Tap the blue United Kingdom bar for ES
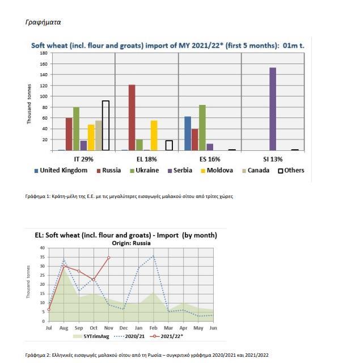click(x=188, y=133)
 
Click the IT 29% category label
click(x=83, y=159)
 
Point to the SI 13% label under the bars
click(x=273, y=159)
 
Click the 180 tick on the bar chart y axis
click(x=44, y=53)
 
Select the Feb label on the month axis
click(x=153, y=328)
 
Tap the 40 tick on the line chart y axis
click(x=41, y=248)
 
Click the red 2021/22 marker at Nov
click(x=108, y=258)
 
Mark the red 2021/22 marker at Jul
click(x=49, y=310)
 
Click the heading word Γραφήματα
click(x=43, y=22)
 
